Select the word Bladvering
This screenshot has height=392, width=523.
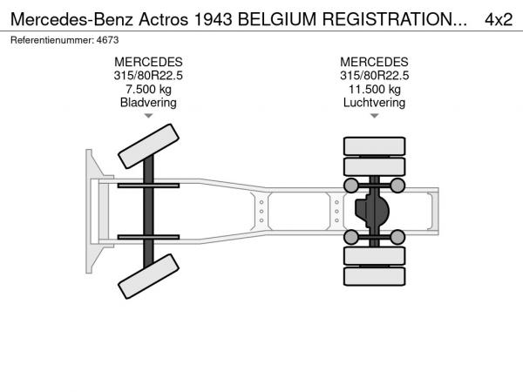point(148,102)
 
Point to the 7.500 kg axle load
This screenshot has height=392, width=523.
point(148,89)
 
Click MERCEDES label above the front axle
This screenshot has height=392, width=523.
point(148,62)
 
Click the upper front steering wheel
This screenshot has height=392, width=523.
point(148,145)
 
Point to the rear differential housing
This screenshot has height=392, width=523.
point(372,210)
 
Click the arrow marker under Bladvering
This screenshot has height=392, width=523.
point(148,116)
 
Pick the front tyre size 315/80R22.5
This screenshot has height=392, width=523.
point(148,75)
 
